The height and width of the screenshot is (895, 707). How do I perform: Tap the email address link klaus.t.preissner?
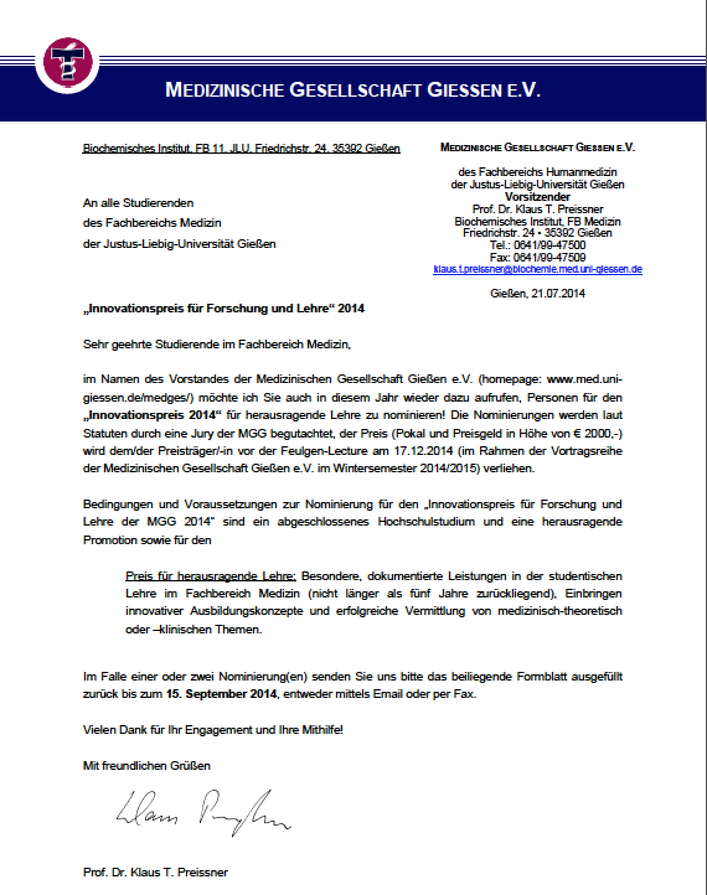(x=538, y=269)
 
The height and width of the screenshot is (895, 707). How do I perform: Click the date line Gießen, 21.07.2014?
(x=538, y=293)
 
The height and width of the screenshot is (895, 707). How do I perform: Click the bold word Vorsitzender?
(x=538, y=197)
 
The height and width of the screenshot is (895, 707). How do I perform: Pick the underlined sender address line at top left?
(x=241, y=149)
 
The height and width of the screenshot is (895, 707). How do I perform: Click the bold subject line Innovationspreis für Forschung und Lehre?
(x=223, y=309)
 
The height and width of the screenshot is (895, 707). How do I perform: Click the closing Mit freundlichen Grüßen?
(x=146, y=765)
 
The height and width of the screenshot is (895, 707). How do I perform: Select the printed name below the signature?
(x=155, y=872)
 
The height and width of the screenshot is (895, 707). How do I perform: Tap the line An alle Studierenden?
(x=138, y=203)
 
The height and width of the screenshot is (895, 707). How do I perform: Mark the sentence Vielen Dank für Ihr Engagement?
(x=213, y=730)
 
